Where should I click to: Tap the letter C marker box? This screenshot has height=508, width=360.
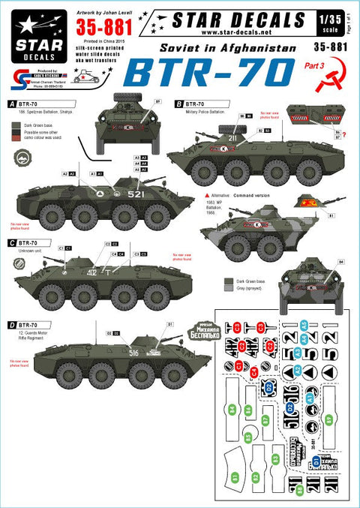[x=7, y=242]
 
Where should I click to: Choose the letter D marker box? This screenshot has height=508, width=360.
[x=7, y=323]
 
